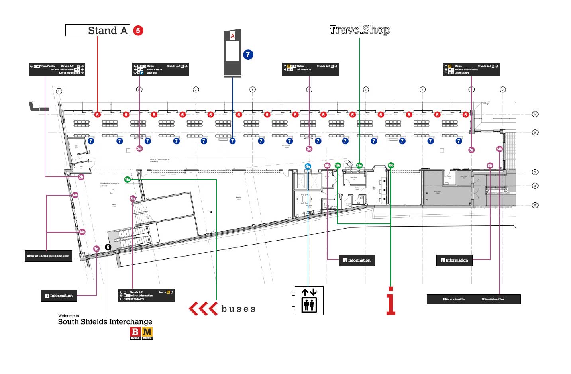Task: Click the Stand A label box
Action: point(98,30)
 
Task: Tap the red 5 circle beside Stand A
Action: point(138,30)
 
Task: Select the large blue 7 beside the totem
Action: point(248,55)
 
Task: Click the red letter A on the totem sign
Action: point(232,36)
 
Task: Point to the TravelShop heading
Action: point(359,30)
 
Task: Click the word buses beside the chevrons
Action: point(238,309)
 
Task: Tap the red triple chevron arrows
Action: point(203,309)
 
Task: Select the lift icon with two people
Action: point(309,301)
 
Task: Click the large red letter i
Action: point(391,301)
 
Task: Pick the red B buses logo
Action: point(135,333)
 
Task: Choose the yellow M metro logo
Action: point(147,333)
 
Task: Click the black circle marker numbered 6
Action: point(108,247)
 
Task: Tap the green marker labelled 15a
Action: point(127,180)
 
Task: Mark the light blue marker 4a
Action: point(308,166)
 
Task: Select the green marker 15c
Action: point(359,165)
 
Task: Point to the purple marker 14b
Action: point(499,149)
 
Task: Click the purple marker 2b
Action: point(81,177)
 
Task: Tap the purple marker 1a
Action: point(96,249)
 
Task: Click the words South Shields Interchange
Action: point(105,322)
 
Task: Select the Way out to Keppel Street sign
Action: point(48,256)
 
